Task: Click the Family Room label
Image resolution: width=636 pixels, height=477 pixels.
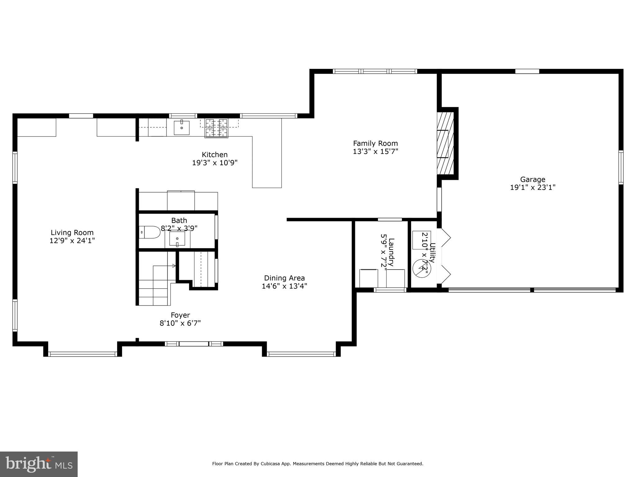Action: [x=375, y=143]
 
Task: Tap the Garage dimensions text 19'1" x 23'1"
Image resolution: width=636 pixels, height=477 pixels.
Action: [x=533, y=188]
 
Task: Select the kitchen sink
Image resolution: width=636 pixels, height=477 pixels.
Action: [x=182, y=128]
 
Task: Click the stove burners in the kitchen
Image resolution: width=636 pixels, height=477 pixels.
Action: [x=216, y=128]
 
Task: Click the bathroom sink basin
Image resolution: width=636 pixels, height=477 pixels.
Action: [x=177, y=238]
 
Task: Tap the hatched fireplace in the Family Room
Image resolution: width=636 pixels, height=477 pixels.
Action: [x=446, y=143]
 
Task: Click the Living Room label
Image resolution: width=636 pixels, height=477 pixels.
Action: [x=72, y=233]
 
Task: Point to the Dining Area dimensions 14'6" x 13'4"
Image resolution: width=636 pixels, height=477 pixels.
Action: [x=284, y=286]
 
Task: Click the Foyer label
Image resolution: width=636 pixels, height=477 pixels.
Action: [x=180, y=315]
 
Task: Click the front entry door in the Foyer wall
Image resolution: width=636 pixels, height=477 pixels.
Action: [x=194, y=344]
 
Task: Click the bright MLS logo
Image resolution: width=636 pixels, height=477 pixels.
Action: [x=39, y=464]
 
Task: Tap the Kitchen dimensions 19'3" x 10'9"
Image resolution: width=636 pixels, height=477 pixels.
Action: [x=215, y=163]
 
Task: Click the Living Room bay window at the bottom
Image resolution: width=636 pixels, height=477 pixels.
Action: [x=83, y=354]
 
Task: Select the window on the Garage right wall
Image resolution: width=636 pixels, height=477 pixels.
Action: [x=621, y=167]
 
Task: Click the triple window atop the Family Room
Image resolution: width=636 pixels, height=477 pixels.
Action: [x=375, y=71]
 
